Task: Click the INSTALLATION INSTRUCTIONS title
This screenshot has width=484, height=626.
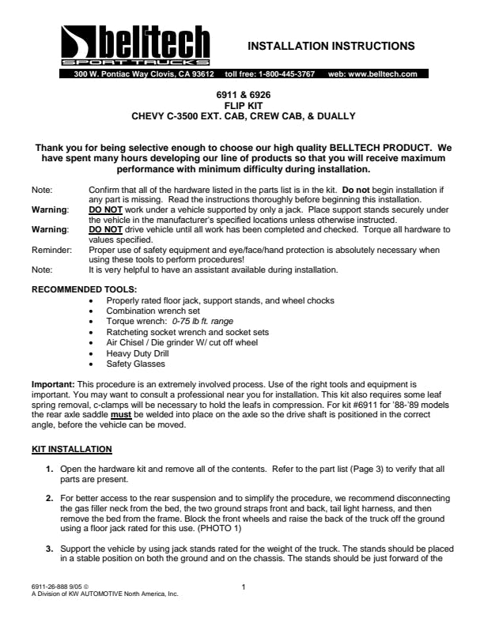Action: click(x=331, y=45)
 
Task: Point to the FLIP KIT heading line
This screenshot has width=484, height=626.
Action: click(x=242, y=105)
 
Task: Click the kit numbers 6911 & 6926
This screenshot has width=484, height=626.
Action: click(x=242, y=95)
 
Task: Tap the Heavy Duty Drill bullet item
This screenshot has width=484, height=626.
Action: click(x=137, y=354)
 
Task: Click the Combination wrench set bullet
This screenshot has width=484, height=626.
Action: click(x=153, y=311)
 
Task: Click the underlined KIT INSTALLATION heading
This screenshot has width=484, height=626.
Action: click(x=71, y=449)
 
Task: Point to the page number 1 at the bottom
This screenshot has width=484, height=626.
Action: click(x=244, y=586)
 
